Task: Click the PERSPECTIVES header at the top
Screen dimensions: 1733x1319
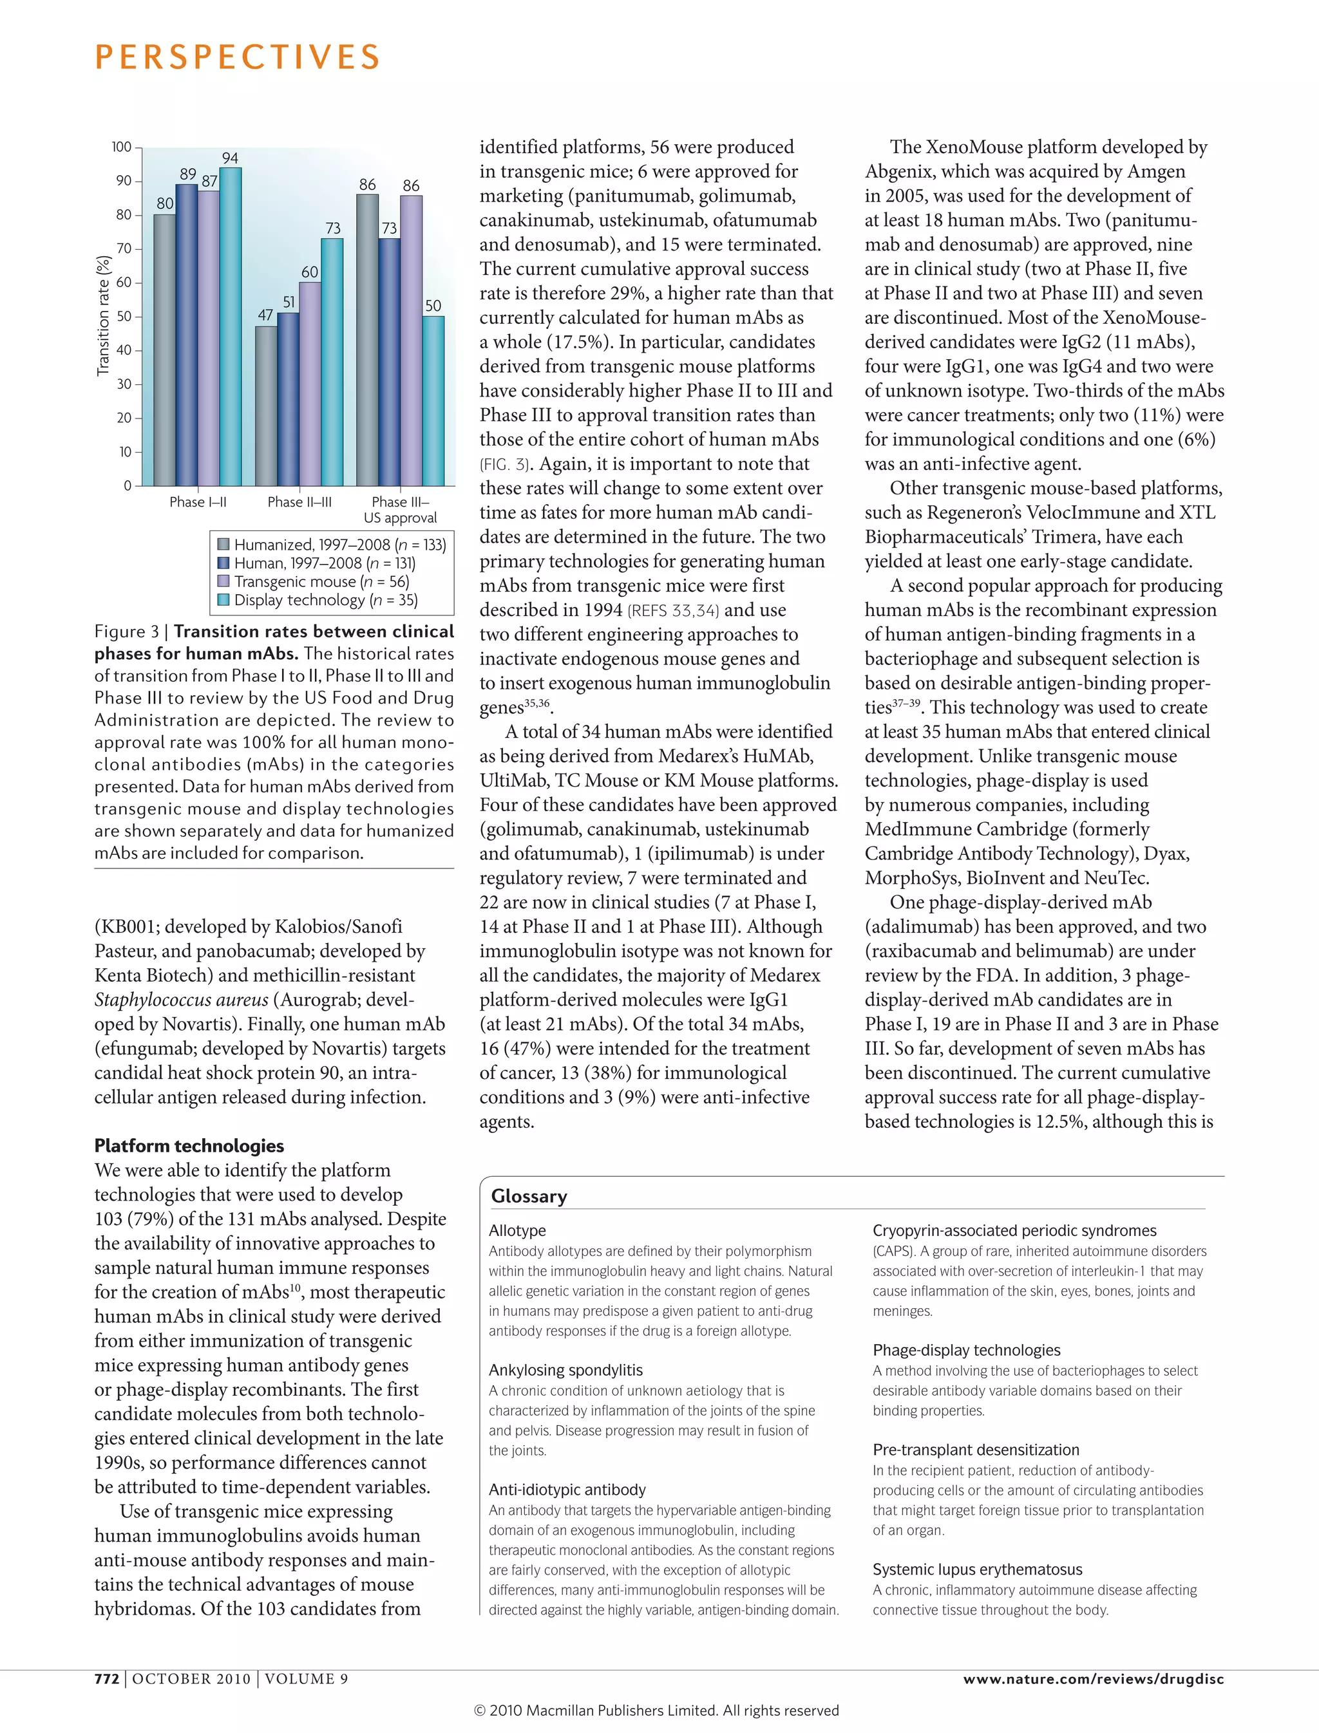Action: point(237,57)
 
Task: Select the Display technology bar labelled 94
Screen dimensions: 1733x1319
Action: point(230,326)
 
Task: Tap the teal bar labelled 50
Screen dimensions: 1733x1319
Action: point(433,400)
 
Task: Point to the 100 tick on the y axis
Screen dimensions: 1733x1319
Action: point(122,147)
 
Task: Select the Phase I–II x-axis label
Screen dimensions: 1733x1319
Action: point(198,502)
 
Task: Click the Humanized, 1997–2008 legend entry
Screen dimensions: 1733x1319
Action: point(339,545)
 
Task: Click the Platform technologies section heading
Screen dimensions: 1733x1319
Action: point(189,1145)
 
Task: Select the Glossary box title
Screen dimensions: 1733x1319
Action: point(528,1196)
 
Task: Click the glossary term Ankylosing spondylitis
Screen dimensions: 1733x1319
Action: point(565,1370)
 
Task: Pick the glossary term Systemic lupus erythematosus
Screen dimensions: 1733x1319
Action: point(976,1569)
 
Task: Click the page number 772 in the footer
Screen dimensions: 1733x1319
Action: point(107,1678)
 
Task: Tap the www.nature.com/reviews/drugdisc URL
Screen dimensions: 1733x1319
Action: point(1093,1678)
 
